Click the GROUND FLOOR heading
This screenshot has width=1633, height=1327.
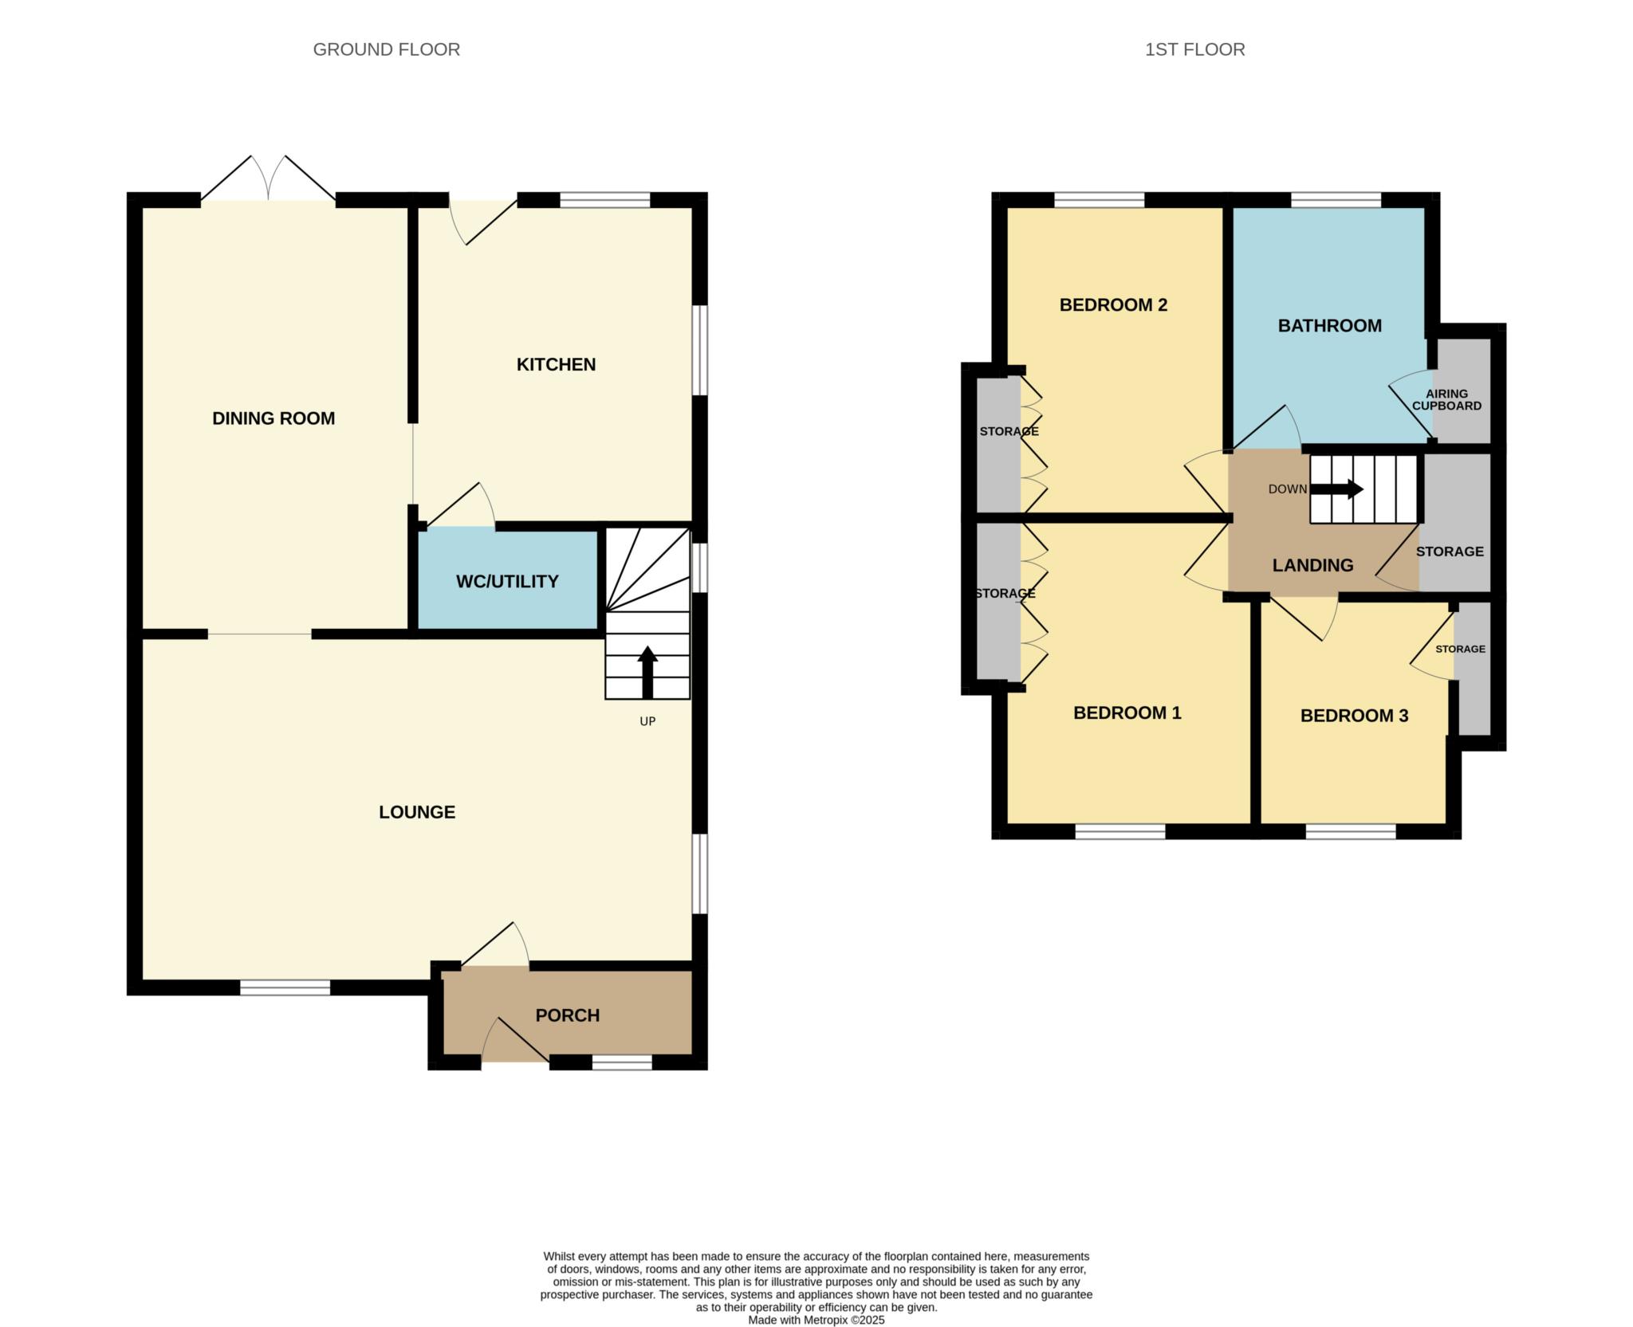tap(386, 49)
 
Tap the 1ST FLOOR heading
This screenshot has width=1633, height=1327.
tap(1194, 49)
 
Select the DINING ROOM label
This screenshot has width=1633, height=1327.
tap(273, 418)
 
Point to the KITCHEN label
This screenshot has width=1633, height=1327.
tap(556, 364)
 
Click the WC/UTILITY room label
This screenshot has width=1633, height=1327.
tap(507, 582)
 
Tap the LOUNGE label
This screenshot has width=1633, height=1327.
tap(417, 812)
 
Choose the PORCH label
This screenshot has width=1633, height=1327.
tap(568, 1015)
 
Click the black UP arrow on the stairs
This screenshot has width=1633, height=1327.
tap(647, 672)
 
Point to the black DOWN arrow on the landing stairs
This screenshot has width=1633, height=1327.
tap(1336, 489)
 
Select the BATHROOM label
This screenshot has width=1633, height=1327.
tap(1330, 325)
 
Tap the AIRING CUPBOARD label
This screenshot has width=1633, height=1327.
tap(1447, 399)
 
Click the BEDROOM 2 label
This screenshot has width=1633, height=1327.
tap(1113, 304)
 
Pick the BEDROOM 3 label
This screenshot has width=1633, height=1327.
tap(1354, 716)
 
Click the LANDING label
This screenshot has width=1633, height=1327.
tap(1312, 565)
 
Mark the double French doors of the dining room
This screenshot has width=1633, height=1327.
tap(268, 178)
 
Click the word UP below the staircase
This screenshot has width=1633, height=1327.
tap(647, 721)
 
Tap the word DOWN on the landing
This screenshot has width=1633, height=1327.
tap(1288, 489)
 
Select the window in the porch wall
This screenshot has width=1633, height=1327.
tap(622, 1062)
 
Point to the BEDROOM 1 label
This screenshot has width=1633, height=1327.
tap(1127, 713)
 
